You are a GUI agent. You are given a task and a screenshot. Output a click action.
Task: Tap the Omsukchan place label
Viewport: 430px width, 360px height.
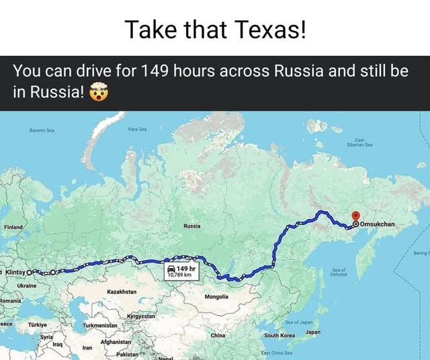point(380,224)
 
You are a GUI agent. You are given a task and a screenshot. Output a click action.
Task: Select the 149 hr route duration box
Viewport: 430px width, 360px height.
point(181,271)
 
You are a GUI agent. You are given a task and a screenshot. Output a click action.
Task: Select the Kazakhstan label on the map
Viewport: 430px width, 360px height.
point(122,293)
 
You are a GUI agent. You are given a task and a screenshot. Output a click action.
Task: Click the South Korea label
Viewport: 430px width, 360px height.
point(280,334)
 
